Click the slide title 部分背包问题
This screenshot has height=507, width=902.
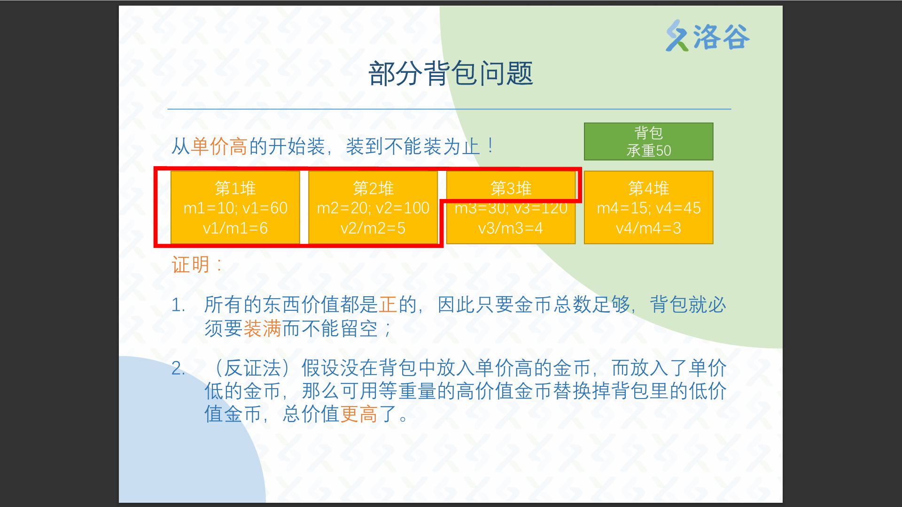451,74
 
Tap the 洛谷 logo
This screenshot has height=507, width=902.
708,36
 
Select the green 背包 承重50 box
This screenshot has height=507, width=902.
648,141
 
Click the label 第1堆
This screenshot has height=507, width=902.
235,188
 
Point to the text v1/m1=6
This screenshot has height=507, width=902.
235,228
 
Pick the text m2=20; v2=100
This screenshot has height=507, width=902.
373,208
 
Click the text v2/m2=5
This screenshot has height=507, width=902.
373,228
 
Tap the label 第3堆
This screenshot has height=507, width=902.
511,188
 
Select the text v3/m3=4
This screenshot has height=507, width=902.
511,228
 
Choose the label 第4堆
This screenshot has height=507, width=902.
649,188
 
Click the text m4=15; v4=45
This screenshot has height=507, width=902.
649,208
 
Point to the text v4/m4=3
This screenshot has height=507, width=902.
648,228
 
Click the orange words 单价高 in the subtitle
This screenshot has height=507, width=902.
219,146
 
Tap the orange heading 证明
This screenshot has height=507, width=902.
191,265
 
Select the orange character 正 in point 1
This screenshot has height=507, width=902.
388,305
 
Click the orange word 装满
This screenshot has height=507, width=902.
263,328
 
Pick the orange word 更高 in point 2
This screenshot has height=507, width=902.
359,414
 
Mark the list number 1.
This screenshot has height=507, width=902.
178,305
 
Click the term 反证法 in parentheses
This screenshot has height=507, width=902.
253,368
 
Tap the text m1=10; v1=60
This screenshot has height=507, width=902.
235,208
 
